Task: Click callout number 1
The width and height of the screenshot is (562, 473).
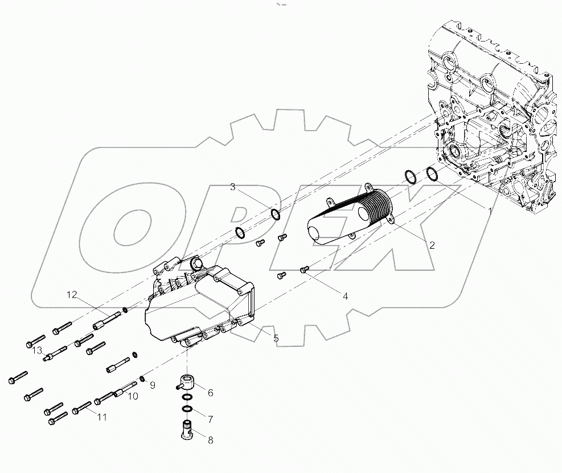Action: coord(489,211)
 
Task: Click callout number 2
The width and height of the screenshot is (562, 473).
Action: coord(432,245)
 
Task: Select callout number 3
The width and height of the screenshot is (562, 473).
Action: coord(233,187)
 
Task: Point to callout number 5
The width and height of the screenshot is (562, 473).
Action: coord(276,338)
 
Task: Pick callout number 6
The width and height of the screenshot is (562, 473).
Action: coord(210,392)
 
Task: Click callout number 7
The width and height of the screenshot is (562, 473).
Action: coord(210,419)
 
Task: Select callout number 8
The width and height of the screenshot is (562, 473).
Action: coord(210,439)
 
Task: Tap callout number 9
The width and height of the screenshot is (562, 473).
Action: coord(153,385)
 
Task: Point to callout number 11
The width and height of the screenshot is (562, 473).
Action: coord(101,417)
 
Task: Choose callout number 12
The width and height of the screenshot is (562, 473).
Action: coord(71,294)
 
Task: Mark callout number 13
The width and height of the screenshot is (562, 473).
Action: coord(38,350)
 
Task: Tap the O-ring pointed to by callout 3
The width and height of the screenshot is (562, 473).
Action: coord(276,215)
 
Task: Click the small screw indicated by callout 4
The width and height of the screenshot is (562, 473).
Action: coord(303,271)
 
